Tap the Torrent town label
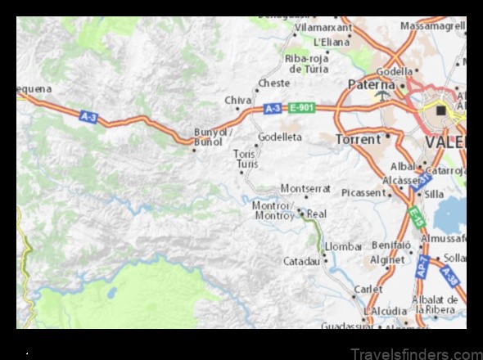[358, 139]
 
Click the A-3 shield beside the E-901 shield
[273, 108]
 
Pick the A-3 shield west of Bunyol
[88, 117]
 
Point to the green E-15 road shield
[415, 218]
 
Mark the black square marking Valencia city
[442, 110]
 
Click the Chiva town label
[237, 100]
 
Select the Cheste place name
[273, 83]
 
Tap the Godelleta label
[280, 137]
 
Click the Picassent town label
[363, 192]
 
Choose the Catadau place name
[301, 262]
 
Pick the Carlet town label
[368, 290]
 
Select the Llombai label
[343, 246]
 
